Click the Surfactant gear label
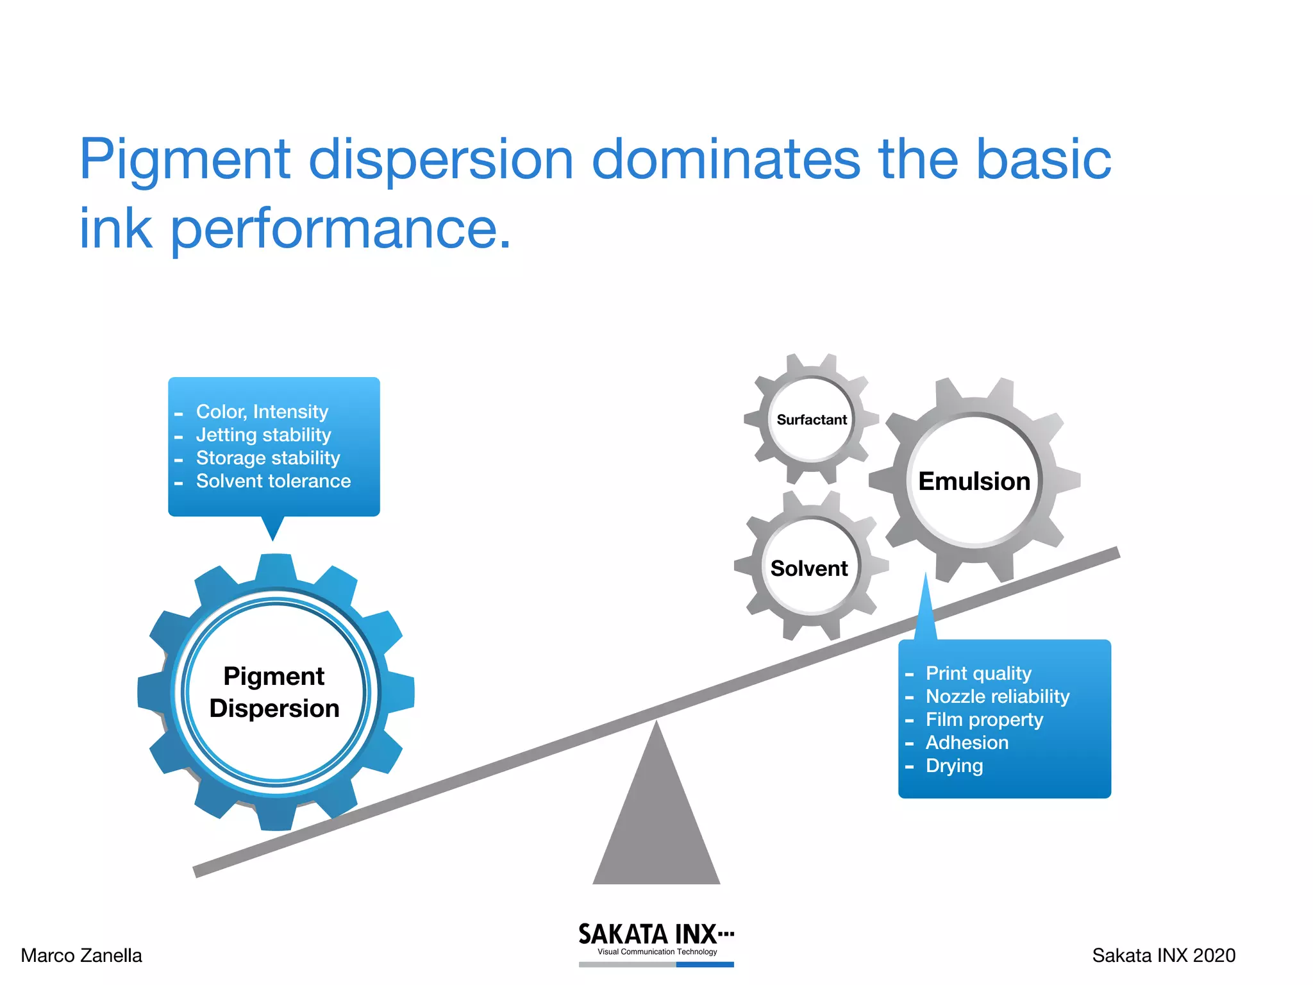812,420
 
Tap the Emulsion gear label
974,482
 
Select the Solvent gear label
809,569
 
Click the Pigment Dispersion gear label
274,693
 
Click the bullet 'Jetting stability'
263,435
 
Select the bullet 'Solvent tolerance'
273,481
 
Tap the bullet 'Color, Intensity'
262,412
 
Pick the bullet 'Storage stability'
268,458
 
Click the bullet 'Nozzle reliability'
998,696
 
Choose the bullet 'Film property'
984,720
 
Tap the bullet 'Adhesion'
967,743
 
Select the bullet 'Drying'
954,766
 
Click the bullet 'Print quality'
978,673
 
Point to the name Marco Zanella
81,956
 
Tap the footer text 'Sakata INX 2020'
1164,956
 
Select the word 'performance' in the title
333,229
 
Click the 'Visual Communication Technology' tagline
657,952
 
